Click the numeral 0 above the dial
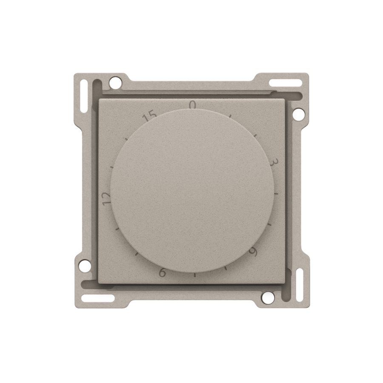click(x=193, y=105)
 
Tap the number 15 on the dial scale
click(x=149, y=116)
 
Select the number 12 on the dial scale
click(x=106, y=198)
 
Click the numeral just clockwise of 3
click(x=254, y=252)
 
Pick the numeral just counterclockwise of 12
click(x=163, y=272)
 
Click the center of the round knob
click(x=192, y=191)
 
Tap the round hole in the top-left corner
click(x=115, y=83)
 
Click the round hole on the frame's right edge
click(x=298, y=114)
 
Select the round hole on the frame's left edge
click(x=85, y=266)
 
